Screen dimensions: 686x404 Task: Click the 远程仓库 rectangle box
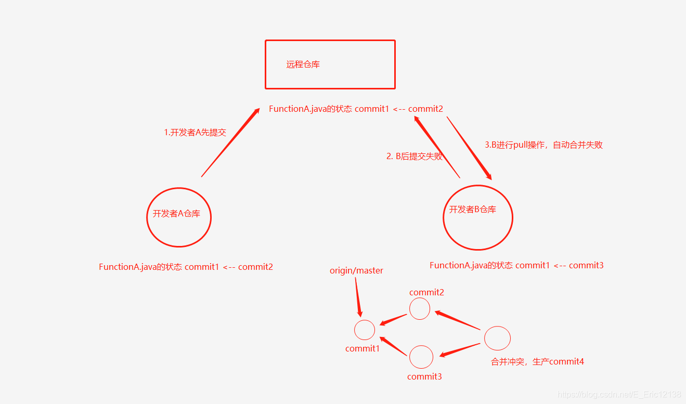(330, 64)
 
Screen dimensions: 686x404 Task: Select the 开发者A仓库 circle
(179, 217)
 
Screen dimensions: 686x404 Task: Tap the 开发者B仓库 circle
(477, 217)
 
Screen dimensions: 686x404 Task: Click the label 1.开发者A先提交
(195, 133)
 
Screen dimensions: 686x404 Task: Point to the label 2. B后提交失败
(414, 156)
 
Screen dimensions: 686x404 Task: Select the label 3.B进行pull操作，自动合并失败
(543, 145)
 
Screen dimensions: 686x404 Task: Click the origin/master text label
(356, 271)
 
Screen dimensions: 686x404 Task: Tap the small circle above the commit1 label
(364, 330)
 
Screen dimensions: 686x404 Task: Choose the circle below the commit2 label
(420, 309)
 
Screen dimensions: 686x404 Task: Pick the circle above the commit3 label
(421, 357)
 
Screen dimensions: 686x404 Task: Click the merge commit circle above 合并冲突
(497, 338)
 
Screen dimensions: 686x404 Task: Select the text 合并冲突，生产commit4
(537, 362)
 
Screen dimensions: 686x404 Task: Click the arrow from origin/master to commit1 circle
(358, 296)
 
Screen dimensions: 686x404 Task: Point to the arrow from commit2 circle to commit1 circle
(393, 319)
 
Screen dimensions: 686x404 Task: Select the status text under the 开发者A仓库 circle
(186, 267)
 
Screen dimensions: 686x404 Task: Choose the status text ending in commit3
(516, 266)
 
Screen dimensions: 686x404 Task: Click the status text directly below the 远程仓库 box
(356, 109)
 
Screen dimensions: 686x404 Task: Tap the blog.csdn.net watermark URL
(619, 395)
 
